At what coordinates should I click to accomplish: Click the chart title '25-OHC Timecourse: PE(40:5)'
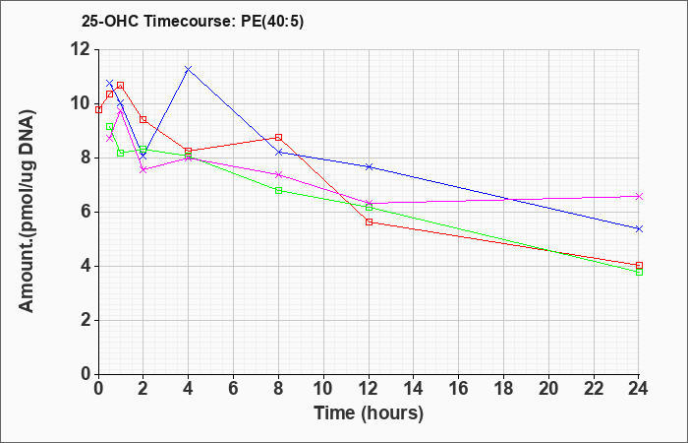(193, 22)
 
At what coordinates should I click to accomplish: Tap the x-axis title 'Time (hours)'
(369, 413)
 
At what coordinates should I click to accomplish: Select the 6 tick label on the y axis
(86, 213)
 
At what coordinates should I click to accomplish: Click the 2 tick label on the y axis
(86, 320)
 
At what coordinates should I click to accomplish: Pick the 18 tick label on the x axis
(503, 389)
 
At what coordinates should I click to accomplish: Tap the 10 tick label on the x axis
(323, 389)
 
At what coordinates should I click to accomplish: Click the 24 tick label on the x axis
(639, 389)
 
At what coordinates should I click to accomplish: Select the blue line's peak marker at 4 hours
(189, 69)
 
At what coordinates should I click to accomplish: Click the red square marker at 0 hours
(98, 109)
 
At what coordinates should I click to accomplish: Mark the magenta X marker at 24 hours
(639, 196)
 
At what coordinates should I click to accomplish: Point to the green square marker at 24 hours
(639, 272)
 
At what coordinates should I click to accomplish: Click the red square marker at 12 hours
(369, 221)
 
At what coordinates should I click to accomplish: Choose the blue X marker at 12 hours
(369, 166)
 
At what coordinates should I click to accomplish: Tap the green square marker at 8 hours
(278, 190)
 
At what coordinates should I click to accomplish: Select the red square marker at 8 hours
(278, 137)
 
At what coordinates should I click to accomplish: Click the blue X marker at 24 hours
(639, 228)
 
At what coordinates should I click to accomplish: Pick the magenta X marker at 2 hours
(143, 169)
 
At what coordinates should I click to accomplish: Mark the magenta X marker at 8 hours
(278, 174)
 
